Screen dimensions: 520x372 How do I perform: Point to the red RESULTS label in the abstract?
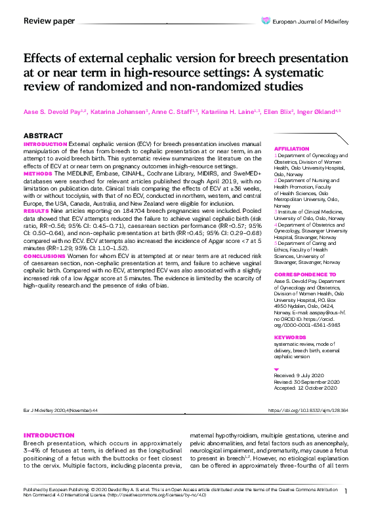[35, 212]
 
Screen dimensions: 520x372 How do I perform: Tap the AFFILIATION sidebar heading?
[291, 149]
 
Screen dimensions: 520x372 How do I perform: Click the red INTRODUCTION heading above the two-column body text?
[49, 436]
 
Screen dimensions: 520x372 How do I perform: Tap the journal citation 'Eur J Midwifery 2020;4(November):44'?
[60, 410]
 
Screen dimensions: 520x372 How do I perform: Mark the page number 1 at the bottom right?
[345, 491]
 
